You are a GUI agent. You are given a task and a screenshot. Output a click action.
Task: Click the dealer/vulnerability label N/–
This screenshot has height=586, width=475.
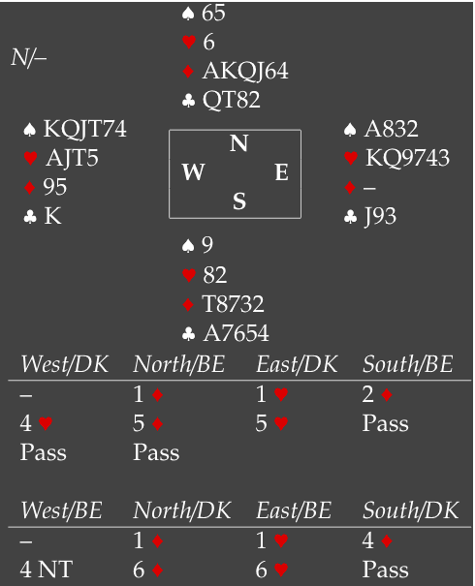pyautogui.click(x=28, y=58)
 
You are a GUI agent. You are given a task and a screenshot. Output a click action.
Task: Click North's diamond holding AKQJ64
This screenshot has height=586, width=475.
pyautogui.click(x=245, y=71)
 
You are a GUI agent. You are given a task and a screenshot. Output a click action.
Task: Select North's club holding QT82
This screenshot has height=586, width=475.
pyautogui.click(x=231, y=100)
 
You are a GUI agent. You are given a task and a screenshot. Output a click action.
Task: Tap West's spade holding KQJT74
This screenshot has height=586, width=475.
pyautogui.click(x=85, y=129)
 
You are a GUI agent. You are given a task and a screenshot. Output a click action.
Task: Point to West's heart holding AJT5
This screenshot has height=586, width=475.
pyautogui.click(x=72, y=158)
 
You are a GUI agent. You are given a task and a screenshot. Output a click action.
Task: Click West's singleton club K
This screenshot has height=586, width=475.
pyautogui.click(x=52, y=216)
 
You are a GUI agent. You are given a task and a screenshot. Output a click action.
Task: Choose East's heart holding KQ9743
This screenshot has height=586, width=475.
pyautogui.click(x=407, y=158)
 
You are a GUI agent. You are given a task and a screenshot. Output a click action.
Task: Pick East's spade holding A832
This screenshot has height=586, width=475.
pyautogui.click(x=391, y=129)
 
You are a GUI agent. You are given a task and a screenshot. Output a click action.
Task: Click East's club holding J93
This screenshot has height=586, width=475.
pyautogui.click(x=380, y=216)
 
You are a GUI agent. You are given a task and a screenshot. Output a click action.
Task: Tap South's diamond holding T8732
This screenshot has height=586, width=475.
pyautogui.click(x=233, y=303)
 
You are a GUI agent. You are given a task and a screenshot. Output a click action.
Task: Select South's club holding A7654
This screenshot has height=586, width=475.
pyautogui.click(x=236, y=333)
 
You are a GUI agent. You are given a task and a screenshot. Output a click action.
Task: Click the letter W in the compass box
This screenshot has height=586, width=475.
pyautogui.click(x=193, y=172)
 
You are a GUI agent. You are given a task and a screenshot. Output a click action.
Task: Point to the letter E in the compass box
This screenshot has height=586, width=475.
pyautogui.click(x=282, y=172)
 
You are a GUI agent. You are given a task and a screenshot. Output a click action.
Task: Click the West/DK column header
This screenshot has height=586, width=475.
pyautogui.click(x=64, y=364)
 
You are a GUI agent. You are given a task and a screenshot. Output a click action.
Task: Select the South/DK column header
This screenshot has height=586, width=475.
pyautogui.click(x=410, y=510)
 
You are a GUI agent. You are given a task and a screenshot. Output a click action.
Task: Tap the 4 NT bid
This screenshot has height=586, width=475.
pyautogui.click(x=46, y=570)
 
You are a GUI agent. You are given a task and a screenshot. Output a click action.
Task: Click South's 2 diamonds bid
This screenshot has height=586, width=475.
pyautogui.click(x=377, y=394)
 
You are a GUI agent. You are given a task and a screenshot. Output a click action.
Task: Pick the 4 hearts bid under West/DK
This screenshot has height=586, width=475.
pyautogui.click(x=36, y=423)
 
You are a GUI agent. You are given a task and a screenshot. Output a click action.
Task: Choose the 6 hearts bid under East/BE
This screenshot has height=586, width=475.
pyautogui.click(x=271, y=570)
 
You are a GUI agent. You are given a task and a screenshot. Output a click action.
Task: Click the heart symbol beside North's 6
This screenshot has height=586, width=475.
pyautogui.click(x=189, y=42)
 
